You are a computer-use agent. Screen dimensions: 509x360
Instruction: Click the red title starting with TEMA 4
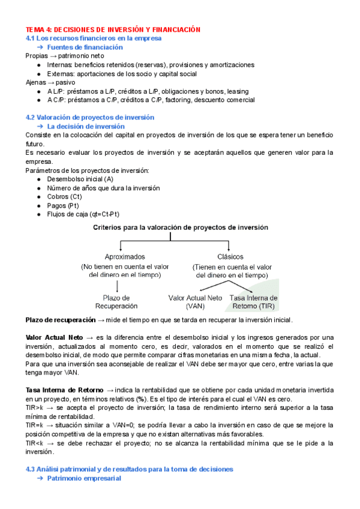tap(112, 29)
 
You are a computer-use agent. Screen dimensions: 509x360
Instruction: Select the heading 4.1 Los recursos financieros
tap(93, 38)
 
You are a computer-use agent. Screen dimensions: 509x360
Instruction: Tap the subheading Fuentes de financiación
tap(85, 47)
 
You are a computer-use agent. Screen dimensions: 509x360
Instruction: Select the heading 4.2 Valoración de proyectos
tap(90, 117)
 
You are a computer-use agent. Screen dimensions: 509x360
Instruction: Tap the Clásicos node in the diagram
tap(230, 256)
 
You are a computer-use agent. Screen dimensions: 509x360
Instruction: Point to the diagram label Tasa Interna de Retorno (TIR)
tap(254, 302)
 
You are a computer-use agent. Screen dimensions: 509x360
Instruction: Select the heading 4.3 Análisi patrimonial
tap(129, 469)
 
